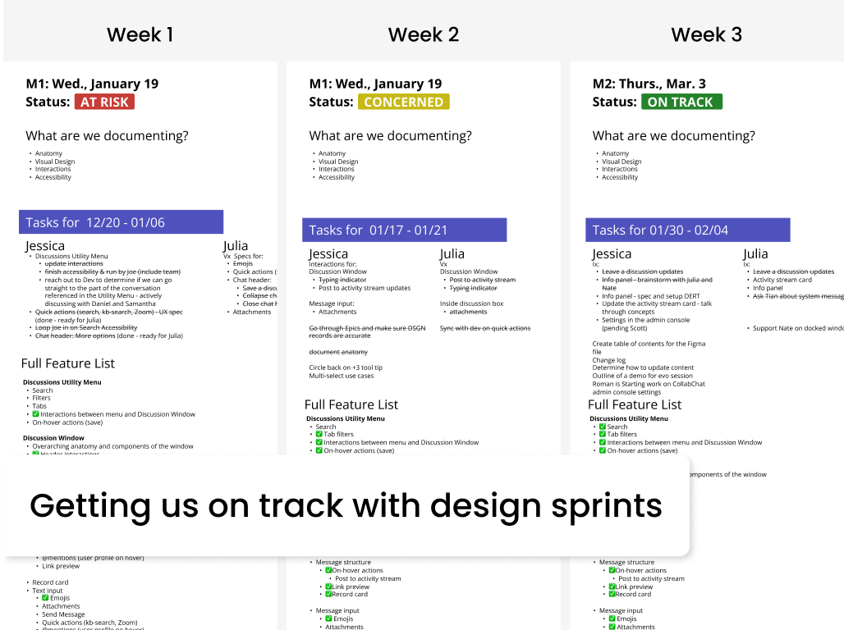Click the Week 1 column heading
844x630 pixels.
point(140,34)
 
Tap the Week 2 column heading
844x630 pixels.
point(423,34)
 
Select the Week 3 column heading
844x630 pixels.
point(706,34)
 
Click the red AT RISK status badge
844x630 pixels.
point(104,103)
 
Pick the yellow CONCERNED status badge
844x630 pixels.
point(403,103)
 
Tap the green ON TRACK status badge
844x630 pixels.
point(680,103)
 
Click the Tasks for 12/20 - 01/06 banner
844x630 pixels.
point(121,222)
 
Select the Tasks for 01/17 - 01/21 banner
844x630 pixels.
point(405,230)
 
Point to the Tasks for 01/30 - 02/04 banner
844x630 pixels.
point(688,230)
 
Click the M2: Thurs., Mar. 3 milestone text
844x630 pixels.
point(649,84)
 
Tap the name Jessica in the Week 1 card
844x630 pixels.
point(45,245)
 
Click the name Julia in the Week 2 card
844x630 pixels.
point(452,253)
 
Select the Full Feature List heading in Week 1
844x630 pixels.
point(68,363)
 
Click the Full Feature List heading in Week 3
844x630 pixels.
point(635,404)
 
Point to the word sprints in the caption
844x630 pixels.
point(603,505)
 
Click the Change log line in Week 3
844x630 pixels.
point(609,360)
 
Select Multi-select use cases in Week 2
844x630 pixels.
point(342,376)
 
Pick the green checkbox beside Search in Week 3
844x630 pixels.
point(603,427)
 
